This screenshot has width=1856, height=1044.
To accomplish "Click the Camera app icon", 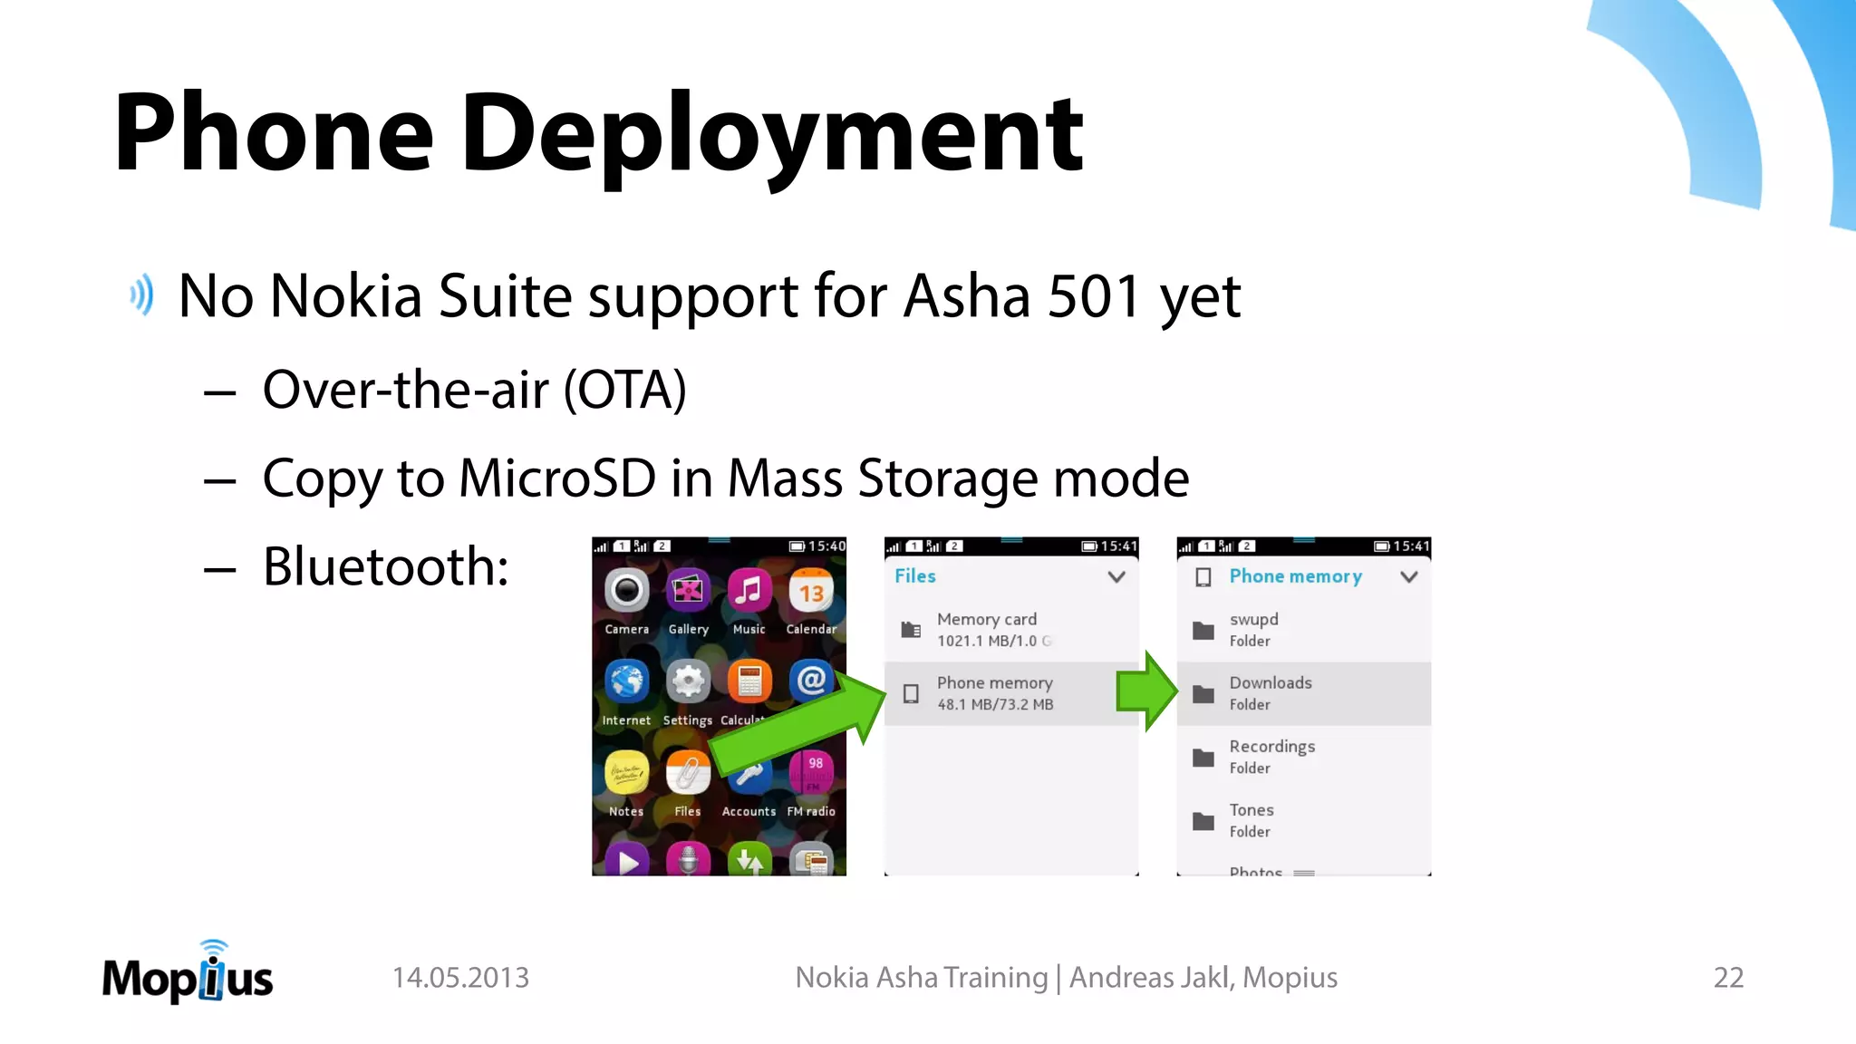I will pyautogui.click(x=626, y=592).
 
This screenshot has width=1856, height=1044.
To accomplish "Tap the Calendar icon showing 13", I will pyautogui.click(x=811, y=592).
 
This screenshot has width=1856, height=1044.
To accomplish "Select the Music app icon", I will pyautogui.click(x=749, y=592).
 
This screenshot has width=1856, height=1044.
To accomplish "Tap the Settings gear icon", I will pyautogui.click(x=688, y=681).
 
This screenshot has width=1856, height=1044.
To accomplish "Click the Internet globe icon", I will pyautogui.click(x=626, y=681).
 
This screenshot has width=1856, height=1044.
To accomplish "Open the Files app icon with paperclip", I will pyautogui.click(x=688, y=773).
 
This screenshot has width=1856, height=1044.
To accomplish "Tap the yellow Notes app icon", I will pyautogui.click(x=626, y=773).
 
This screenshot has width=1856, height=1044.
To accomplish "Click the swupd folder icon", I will pyautogui.click(x=1203, y=631).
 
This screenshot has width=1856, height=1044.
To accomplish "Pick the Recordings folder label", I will pyautogui.click(x=1271, y=747).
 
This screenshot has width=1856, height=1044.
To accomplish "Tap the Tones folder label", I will pyautogui.click(x=1252, y=810).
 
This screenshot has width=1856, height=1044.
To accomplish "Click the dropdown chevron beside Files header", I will pyautogui.click(x=1116, y=576).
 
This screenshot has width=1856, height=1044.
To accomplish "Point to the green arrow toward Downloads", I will pyautogui.click(x=1147, y=691).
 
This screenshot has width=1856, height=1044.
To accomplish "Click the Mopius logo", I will pyautogui.click(x=188, y=975).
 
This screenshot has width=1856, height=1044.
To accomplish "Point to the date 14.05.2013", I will pyautogui.click(x=460, y=978).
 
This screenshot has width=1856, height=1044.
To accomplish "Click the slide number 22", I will pyautogui.click(x=1728, y=978).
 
